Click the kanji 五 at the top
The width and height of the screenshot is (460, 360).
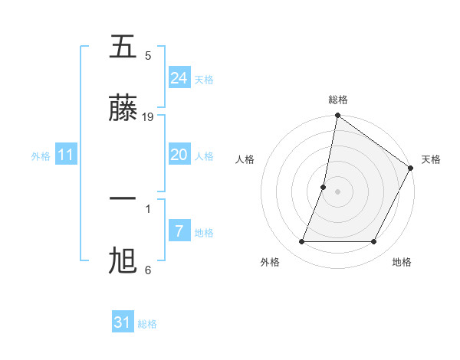pos(123,47)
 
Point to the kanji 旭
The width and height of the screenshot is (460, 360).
pos(123,260)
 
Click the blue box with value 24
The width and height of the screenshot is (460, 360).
pos(179,77)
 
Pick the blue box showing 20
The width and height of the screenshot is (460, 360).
pos(179,155)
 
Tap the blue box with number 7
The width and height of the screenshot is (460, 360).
pos(179,231)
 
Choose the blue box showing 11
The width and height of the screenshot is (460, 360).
pos(66,155)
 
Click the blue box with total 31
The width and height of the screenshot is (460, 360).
pos(123,322)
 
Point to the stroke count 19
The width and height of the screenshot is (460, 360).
pos(149,117)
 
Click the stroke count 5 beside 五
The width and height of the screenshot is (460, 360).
pos(148,56)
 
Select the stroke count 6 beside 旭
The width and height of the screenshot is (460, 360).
pos(148,270)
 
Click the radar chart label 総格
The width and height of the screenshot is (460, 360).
pos(338,100)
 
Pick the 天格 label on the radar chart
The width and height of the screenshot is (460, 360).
pos(431,159)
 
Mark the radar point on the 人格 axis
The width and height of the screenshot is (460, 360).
pos(324,186)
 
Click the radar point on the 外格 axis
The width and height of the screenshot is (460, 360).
pos(301,242)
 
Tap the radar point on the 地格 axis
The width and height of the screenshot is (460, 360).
pos(374,242)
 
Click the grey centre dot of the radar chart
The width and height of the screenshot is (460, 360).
pos(338,191)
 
